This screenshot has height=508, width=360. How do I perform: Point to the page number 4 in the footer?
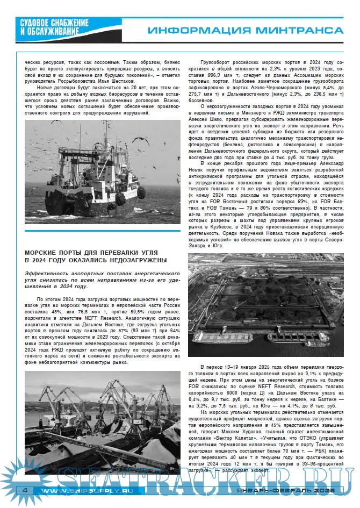coord(24,491)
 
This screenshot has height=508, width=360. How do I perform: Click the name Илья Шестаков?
coord(118,80)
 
